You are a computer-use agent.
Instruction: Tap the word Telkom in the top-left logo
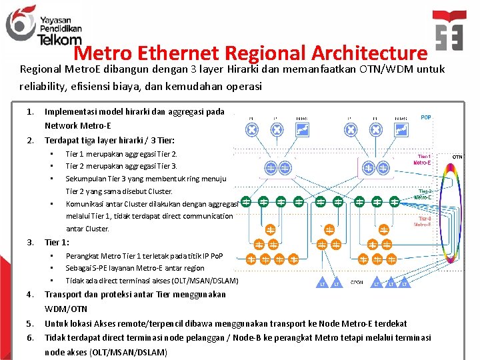(59, 40)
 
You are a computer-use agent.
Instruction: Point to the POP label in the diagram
(426, 117)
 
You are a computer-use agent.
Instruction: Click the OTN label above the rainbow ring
(457, 157)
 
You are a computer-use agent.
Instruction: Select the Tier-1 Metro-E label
(422, 159)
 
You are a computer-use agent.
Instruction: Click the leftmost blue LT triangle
(323, 284)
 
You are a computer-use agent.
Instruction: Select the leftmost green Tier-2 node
(246, 201)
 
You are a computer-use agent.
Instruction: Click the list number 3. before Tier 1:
(30, 242)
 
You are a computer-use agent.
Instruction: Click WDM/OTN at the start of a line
(66, 309)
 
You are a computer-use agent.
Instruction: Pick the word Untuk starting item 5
(55, 323)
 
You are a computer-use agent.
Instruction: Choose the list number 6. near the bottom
(30, 338)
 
